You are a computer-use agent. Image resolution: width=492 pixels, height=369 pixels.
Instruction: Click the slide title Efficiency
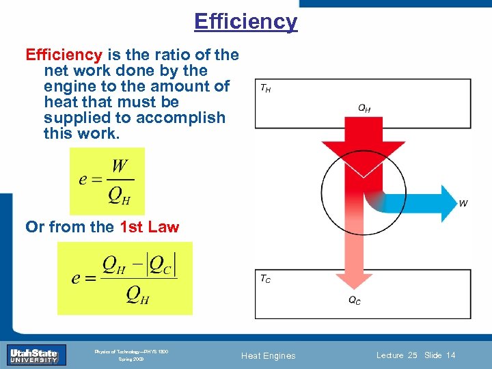[x=245, y=21]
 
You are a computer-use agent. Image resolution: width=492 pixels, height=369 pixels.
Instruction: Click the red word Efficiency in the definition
[x=64, y=55]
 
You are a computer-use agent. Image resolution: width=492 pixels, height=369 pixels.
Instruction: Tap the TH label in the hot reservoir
[x=264, y=89]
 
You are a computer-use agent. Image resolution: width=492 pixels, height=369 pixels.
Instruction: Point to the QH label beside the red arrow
[x=364, y=108]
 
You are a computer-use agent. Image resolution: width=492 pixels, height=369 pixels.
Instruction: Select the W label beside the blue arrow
[x=463, y=203]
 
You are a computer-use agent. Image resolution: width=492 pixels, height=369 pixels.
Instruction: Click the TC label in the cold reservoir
[x=264, y=279]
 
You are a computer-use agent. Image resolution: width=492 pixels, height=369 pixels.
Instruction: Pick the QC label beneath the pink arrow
[x=355, y=301]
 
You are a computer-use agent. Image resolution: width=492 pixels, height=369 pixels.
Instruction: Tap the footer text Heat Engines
[x=269, y=355]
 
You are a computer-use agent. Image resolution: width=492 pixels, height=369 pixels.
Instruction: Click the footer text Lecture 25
[x=396, y=355]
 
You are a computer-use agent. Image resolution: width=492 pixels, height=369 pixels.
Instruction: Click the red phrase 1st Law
[x=149, y=227]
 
